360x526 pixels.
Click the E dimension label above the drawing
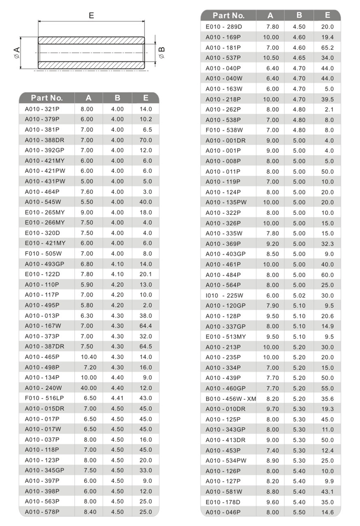[x=91, y=16]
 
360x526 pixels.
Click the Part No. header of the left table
[x=47, y=98]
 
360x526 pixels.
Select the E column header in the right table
[x=327, y=16]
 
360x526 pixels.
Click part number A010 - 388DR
[x=45, y=140]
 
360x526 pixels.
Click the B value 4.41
[x=117, y=398]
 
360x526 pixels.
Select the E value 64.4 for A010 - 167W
[x=145, y=326]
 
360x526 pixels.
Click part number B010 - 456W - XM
[x=231, y=398]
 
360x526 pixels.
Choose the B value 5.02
[x=299, y=295]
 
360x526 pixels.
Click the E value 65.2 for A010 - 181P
[x=327, y=48]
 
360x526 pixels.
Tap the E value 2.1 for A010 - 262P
[x=329, y=109]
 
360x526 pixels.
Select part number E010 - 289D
[x=224, y=27]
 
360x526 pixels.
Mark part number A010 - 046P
[x=223, y=512]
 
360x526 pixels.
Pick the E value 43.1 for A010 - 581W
[x=327, y=491]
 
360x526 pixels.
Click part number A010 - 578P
[x=42, y=511]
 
